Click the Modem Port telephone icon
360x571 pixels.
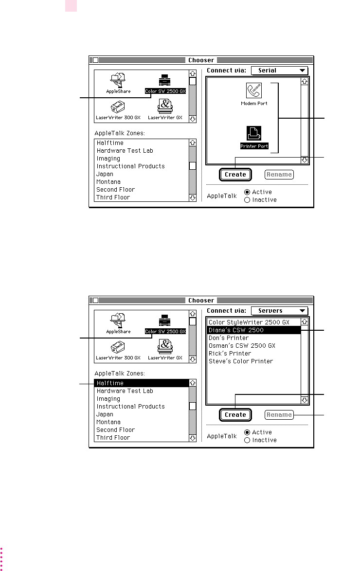tap(254, 91)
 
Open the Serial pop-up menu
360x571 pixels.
tap(279, 71)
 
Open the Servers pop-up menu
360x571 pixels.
tap(279, 311)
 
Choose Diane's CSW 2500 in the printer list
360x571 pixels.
tap(253, 330)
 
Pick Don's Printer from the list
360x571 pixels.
tap(229, 338)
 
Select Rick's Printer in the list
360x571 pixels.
tap(230, 354)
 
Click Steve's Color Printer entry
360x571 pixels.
tap(241, 361)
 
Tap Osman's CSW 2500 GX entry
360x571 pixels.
tap(242, 346)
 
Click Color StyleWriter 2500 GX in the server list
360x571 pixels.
tap(249, 322)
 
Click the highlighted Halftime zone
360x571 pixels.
tap(141, 383)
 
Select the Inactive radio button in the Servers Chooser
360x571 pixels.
tap(247, 440)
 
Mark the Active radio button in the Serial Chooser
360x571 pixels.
tap(247, 192)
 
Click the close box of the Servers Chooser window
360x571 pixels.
tap(96, 301)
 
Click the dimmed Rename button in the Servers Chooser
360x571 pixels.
tap(279, 415)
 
